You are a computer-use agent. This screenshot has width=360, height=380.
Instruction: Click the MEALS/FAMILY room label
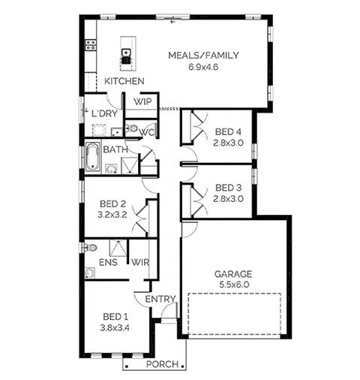tap(203, 56)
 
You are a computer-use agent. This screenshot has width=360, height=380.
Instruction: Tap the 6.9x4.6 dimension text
tap(203, 67)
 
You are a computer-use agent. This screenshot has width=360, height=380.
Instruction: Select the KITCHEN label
tap(124, 81)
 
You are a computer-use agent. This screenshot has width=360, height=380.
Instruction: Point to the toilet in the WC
tap(132, 128)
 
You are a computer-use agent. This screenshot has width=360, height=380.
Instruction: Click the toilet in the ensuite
tap(91, 248)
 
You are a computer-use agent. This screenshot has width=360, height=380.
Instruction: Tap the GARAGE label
tap(233, 274)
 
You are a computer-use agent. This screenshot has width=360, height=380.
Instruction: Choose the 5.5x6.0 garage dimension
tap(234, 285)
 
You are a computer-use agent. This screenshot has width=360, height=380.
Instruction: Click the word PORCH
tap(163, 364)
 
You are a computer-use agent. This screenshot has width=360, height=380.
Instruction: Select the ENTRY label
tap(160, 299)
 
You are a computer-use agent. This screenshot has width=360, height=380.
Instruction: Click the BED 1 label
tap(115, 317)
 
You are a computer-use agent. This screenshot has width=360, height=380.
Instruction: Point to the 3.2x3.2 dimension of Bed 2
tap(112, 215)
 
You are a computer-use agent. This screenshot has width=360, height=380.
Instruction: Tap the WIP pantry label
tap(142, 102)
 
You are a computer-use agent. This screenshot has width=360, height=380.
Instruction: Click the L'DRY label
tap(104, 113)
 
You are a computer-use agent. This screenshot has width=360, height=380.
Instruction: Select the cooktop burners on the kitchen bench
tap(91, 45)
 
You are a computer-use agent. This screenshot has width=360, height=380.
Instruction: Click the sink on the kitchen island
tap(126, 53)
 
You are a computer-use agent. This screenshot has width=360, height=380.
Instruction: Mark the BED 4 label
tap(228, 131)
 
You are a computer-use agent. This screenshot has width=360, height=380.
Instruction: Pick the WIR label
tap(140, 262)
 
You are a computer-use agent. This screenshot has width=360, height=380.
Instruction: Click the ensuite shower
tap(118, 248)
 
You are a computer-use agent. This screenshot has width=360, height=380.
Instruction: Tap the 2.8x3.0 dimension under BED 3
tap(228, 199)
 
